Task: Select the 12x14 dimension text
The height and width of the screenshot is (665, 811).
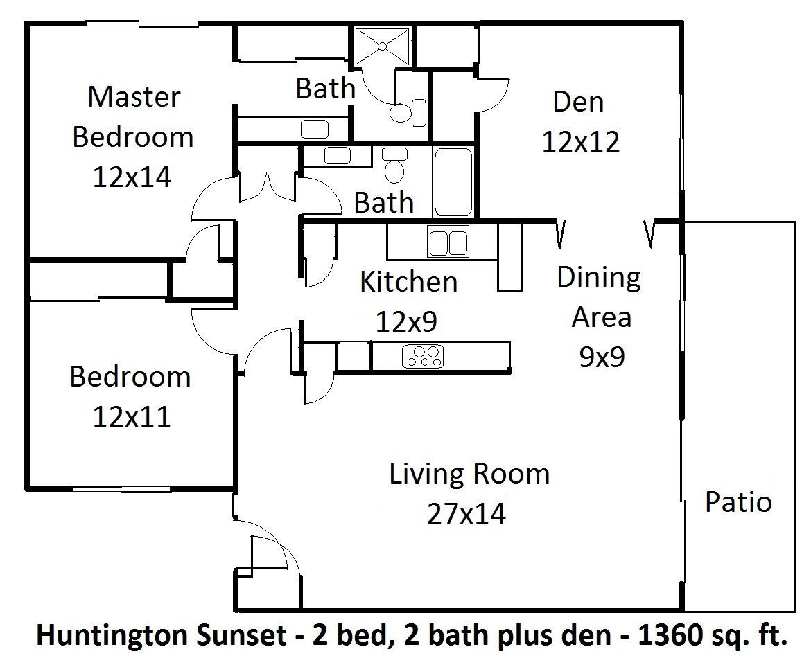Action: pyautogui.click(x=132, y=177)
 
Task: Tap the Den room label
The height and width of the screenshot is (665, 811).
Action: pyautogui.click(x=578, y=102)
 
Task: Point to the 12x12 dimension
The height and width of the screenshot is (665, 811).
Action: pyautogui.click(x=580, y=142)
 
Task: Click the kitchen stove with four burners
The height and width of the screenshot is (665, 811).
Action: pyautogui.click(x=423, y=355)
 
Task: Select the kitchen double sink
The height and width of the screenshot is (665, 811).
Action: pyautogui.click(x=448, y=242)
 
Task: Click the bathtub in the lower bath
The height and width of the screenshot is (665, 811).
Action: pyautogui.click(x=453, y=181)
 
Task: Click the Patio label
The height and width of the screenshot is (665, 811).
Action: pyautogui.click(x=738, y=502)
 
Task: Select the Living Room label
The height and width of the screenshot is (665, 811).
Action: pyautogui.click(x=469, y=475)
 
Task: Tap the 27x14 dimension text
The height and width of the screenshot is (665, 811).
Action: pyautogui.click(x=466, y=514)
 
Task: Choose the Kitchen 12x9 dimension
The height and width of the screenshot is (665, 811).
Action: pyautogui.click(x=407, y=321)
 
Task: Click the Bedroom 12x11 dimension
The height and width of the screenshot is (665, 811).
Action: pyautogui.click(x=131, y=417)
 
